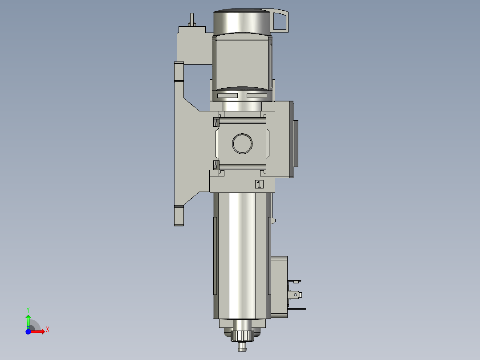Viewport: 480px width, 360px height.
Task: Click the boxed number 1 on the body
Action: click(x=259, y=184)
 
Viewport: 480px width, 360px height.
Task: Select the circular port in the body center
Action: click(x=242, y=143)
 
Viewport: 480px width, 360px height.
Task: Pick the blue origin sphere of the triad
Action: click(x=28, y=331)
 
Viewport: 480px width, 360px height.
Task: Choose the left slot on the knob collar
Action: click(x=227, y=96)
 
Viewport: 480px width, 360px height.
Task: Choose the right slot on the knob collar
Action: click(x=257, y=96)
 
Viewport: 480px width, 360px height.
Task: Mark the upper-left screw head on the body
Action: click(x=216, y=122)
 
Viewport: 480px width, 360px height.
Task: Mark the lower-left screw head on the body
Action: click(x=216, y=165)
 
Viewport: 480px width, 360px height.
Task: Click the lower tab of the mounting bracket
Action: click(x=179, y=216)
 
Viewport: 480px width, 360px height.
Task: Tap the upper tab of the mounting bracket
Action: click(x=179, y=72)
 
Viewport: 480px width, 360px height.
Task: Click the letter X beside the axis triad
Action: click(x=47, y=329)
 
